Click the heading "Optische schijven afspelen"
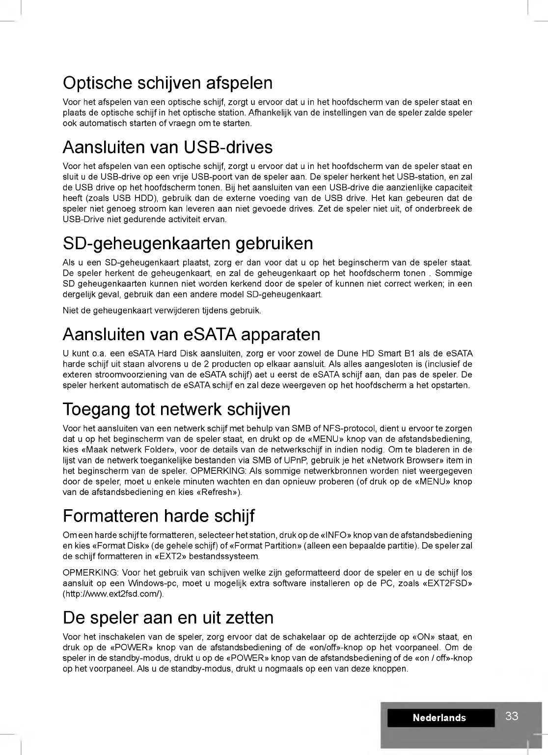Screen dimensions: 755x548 [x=167, y=83]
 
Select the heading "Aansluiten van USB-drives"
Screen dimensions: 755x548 [x=167, y=147]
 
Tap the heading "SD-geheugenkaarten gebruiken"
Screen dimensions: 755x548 [x=188, y=243]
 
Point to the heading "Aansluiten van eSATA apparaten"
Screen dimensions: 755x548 [x=192, y=335]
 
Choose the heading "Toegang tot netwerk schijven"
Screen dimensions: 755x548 [x=176, y=409]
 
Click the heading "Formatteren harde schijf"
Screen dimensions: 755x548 [x=159, y=516]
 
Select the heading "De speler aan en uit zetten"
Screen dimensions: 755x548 [x=168, y=618]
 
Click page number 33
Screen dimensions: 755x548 [x=512, y=716]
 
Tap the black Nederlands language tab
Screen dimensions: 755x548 [x=439, y=718]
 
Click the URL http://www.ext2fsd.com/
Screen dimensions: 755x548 [x=112, y=594]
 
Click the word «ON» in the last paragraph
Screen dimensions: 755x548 [x=427, y=637]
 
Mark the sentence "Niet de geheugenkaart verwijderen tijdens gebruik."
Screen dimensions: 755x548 [x=162, y=311]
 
